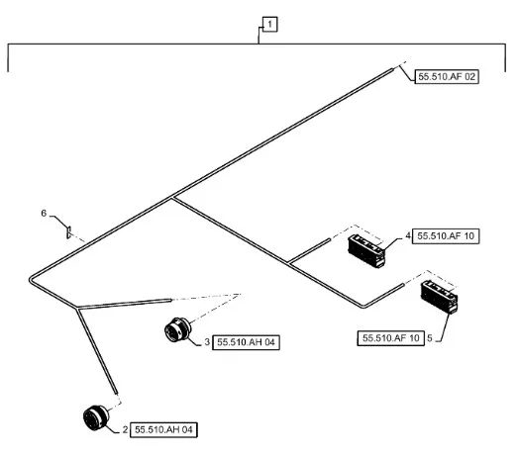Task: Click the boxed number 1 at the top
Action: point(270,25)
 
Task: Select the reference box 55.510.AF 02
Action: point(447,76)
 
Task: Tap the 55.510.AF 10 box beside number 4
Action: point(446,236)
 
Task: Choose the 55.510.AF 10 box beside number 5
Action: point(391,338)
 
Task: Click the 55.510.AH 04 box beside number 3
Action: point(246,342)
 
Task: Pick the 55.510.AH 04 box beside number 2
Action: point(163,429)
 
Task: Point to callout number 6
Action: point(44,214)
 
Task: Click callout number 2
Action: point(125,429)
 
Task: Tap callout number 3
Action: point(207,342)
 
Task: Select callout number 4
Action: point(408,235)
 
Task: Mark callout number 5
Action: point(430,338)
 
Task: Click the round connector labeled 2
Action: point(96,417)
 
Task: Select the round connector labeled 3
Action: point(177,330)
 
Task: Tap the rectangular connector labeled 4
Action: point(366,251)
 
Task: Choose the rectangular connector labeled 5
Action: point(439,297)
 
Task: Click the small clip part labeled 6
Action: point(68,232)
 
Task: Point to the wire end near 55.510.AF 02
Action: point(392,69)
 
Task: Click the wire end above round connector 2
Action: point(116,391)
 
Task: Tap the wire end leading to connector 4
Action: point(329,239)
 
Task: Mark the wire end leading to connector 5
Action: point(402,284)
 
